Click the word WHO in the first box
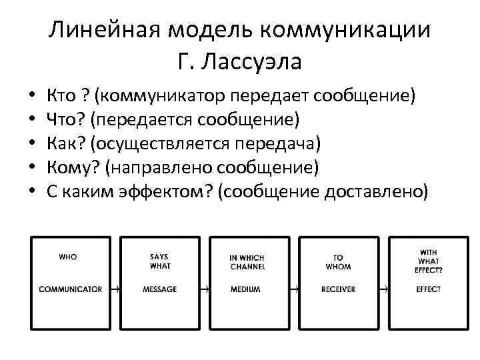point(68,256)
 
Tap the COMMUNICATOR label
point(71,289)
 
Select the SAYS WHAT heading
point(160,261)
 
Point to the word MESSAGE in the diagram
point(160,289)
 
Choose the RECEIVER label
point(338,289)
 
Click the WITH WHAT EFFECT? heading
point(429,261)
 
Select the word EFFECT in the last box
point(429,289)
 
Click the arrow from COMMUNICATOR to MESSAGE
point(116,289)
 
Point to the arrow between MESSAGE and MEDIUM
point(206,289)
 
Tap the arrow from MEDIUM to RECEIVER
point(295,289)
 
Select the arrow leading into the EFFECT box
point(385,289)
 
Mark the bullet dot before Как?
point(31,144)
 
